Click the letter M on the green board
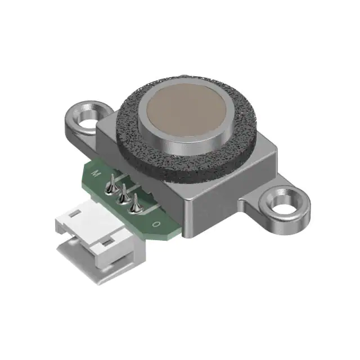click(96, 173)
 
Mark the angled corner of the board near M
click(87, 163)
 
